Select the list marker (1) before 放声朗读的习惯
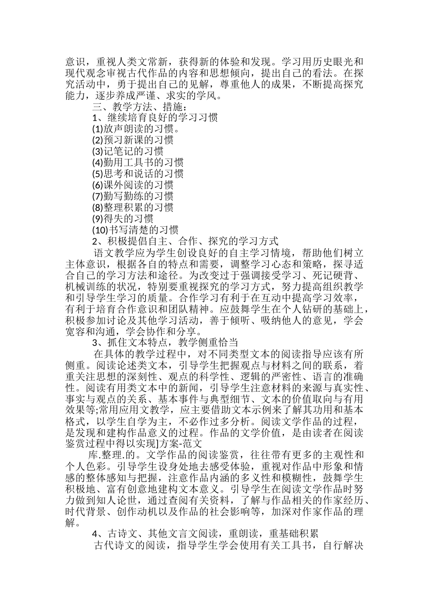click(x=97, y=129)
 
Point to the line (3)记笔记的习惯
click(x=127, y=151)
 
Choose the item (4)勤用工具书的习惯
click(x=137, y=163)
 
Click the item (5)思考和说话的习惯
click(x=137, y=174)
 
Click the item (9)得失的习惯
click(x=122, y=219)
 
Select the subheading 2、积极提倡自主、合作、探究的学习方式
click(x=185, y=241)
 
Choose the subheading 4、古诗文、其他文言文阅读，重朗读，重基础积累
click(x=205, y=534)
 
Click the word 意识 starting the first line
click(x=75, y=62)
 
